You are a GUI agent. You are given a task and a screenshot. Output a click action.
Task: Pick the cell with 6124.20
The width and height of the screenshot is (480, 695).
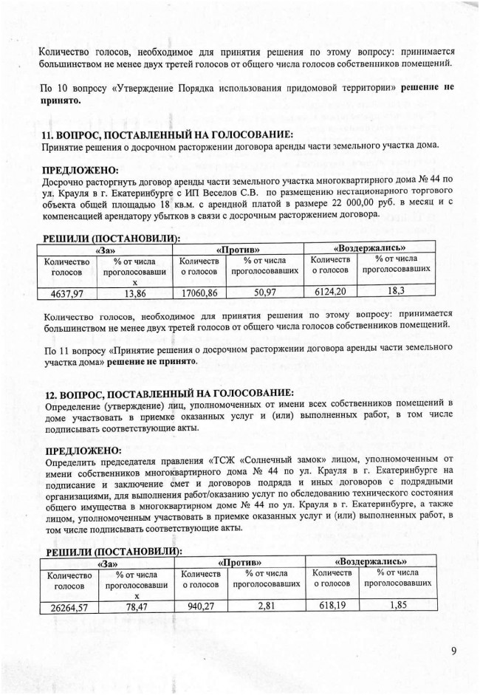(330, 292)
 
